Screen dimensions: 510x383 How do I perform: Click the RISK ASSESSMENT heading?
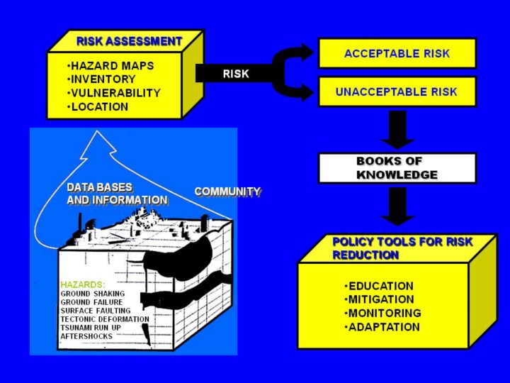point(129,41)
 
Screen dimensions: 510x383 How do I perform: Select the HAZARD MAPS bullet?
point(110,66)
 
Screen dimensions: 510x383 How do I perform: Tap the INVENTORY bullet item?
point(101,79)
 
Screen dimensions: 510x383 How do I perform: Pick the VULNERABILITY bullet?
point(114,93)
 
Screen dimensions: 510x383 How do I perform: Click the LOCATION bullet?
point(98,107)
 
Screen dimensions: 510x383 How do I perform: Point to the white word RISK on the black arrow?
point(236,74)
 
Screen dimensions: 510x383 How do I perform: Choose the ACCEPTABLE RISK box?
point(397,53)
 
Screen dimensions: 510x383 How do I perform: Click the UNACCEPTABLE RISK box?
point(397,91)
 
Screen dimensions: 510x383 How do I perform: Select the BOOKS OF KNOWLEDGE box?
point(397,168)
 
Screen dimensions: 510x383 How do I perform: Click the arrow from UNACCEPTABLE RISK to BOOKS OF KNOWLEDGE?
point(397,130)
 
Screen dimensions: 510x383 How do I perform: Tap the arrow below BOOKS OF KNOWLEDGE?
point(397,206)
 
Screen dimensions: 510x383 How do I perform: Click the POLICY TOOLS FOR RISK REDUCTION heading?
point(402,248)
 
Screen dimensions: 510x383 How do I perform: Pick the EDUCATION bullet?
point(379,286)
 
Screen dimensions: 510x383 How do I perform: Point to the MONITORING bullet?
point(382,313)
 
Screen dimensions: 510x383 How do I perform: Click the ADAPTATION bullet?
point(382,327)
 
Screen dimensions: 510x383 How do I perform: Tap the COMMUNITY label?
point(227,191)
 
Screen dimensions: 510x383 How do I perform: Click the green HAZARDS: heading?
point(83,284)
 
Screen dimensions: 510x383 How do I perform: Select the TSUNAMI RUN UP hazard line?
point(91,328)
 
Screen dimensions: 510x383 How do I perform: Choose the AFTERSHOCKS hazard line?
point(86,336)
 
